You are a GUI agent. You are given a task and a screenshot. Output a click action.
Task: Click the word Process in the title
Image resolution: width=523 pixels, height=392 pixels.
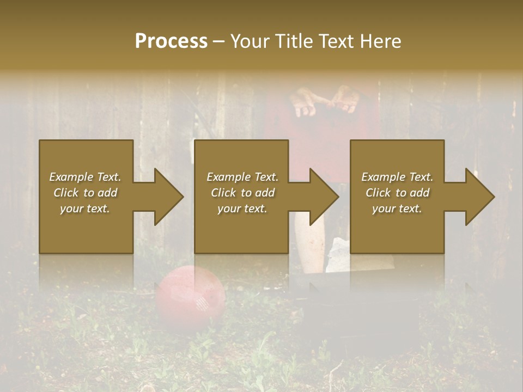tap(171, 41)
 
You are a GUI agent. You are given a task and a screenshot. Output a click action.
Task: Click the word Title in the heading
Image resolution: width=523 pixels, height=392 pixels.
tap(290, 41)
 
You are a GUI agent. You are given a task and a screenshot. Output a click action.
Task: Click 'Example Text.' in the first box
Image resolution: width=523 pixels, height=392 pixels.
tap(85, 177)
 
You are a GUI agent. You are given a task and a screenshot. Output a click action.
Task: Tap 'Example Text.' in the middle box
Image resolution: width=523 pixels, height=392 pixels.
tap(242, 177)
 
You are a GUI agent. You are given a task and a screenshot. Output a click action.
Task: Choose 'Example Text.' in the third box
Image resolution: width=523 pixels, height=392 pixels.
tap(397, 177)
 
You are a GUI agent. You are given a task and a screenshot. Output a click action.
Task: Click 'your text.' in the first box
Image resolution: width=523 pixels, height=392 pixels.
tap(85, 209)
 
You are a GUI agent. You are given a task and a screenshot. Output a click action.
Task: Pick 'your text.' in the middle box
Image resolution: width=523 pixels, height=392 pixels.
tap(242, 209)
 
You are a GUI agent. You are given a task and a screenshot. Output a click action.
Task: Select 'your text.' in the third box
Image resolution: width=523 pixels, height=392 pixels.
tap(397, 209)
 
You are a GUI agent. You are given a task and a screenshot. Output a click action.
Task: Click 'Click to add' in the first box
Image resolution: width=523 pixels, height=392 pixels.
tap(85, 193)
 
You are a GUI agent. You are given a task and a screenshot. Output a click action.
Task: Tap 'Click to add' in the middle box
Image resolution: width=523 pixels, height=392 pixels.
tap(242, 193)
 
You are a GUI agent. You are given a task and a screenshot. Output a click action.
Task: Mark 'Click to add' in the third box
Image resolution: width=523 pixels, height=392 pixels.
tap(397, 193)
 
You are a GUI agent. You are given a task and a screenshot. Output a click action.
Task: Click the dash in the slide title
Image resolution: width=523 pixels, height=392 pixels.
tap(218, 42)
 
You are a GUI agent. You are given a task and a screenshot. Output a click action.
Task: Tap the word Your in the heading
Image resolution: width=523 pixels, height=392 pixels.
tap(249, 41)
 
